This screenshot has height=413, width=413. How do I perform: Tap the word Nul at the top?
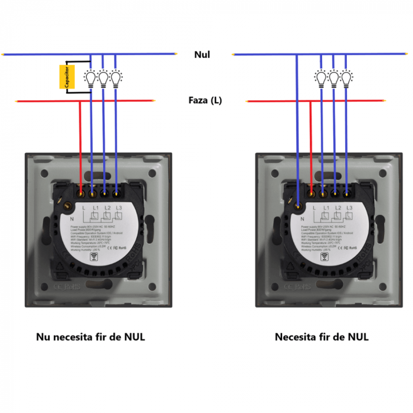(x=202, y=55)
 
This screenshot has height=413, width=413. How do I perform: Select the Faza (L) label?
(x=205, y=100)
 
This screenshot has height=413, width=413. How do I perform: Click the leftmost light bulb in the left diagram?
(x=91, y=78)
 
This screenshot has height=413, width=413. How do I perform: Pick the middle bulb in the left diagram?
(x=104, y=78)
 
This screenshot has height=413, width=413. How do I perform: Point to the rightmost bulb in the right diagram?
(x=346, y=78)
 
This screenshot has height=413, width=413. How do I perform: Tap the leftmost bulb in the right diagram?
(x=320, y=78)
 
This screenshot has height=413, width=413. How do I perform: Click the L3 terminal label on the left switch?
(x=120, y=208)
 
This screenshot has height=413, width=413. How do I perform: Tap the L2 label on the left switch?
(x=107, y=208)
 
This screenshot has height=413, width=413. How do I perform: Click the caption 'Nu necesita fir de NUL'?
(x=90, y=337)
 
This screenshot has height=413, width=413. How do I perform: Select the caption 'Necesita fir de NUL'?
(x=322, y=337)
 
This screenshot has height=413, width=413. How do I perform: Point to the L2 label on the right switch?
(x=338, y=208)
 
